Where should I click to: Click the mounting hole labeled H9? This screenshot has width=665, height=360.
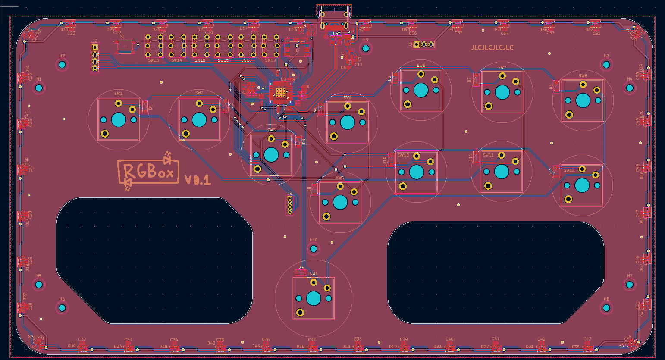[366, 48]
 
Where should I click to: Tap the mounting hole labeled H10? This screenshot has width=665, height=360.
[314, 248]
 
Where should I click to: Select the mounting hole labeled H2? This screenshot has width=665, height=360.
[62, 65]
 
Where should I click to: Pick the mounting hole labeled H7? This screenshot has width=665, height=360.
[630, 285]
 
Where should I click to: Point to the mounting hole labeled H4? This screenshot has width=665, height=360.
[630, 88]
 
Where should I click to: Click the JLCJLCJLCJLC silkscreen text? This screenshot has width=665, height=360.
[492, 47]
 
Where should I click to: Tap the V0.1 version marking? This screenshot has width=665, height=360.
[198, 180]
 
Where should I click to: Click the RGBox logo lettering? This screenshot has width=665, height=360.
[149, 172]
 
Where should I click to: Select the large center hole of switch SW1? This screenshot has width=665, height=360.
[119, 120]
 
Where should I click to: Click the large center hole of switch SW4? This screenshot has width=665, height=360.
[314, 298]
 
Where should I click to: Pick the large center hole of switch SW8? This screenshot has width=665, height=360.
[583, 100]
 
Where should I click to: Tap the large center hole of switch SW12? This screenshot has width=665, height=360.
[582, 185]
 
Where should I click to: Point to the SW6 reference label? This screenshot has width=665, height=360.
[421, 66]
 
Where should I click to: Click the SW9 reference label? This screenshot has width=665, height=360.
[340, 178]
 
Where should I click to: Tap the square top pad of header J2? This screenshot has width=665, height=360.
[95, 47]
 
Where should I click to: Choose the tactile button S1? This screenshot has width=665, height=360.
[125, 46]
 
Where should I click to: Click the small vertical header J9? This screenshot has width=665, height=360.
[290, 204]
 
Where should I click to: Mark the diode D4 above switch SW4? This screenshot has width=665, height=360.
[301, 272]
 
